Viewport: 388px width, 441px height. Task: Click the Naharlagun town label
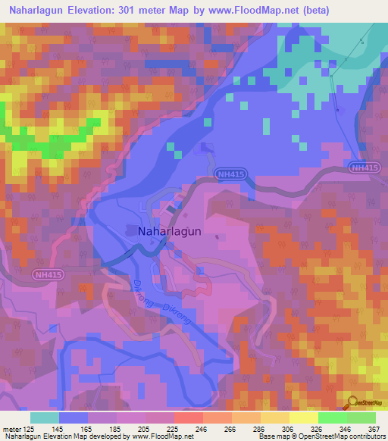(x=169, y=233)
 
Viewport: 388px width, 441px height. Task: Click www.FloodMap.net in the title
(x=270, y=11)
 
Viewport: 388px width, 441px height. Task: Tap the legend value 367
(x=373, y=429)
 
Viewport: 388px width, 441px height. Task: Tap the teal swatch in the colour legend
(x=45, y=418)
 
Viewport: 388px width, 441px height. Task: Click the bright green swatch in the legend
(x=332, y=418)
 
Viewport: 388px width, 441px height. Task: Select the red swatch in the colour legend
(x=188, y=418)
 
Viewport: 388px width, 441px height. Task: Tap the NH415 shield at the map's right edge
(x=365, y=167)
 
